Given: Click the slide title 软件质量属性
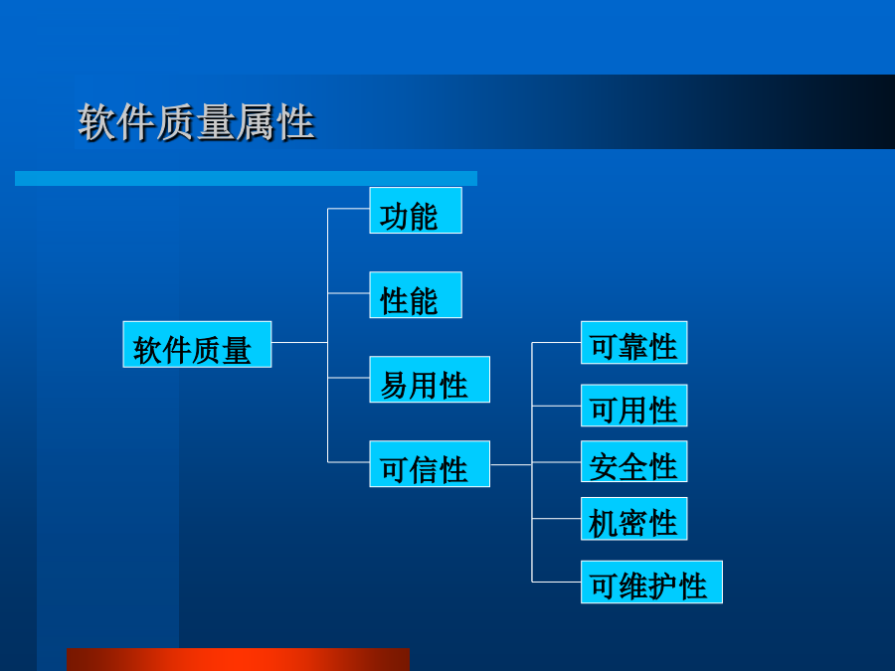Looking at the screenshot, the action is [x=196, y=122].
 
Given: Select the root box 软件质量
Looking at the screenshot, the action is [x=197, y=344].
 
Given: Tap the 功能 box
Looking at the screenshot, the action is [x=416, y=210].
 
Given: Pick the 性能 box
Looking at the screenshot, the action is [x=416, y=294].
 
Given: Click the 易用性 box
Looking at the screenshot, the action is [x=430, y=379].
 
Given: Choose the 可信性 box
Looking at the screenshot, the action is [x=430, y=463].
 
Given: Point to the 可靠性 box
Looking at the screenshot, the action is [x=634, y=342].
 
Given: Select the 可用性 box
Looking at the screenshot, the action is [x=634, y=406].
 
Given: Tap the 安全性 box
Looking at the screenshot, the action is [x=634, y=461].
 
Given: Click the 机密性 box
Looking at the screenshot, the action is [x=634, y=519].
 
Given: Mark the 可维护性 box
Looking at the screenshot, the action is [x=651, y=582].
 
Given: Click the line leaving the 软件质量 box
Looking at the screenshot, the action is [x=299, y=342].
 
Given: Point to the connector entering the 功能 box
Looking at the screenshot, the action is [x=349, y=209].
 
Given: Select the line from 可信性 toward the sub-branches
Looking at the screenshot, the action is [x=511, y=464].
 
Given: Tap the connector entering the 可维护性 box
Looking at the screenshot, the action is [x=557, y=582].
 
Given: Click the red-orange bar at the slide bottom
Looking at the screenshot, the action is [x=238, y=660].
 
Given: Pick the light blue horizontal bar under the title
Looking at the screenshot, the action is [x=246, y=179].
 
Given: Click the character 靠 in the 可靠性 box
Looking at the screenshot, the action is [x=634, y=346].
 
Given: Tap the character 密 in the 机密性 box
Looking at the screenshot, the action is [x=634, y=523].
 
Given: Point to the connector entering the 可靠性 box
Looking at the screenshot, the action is [x=557, y=342].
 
